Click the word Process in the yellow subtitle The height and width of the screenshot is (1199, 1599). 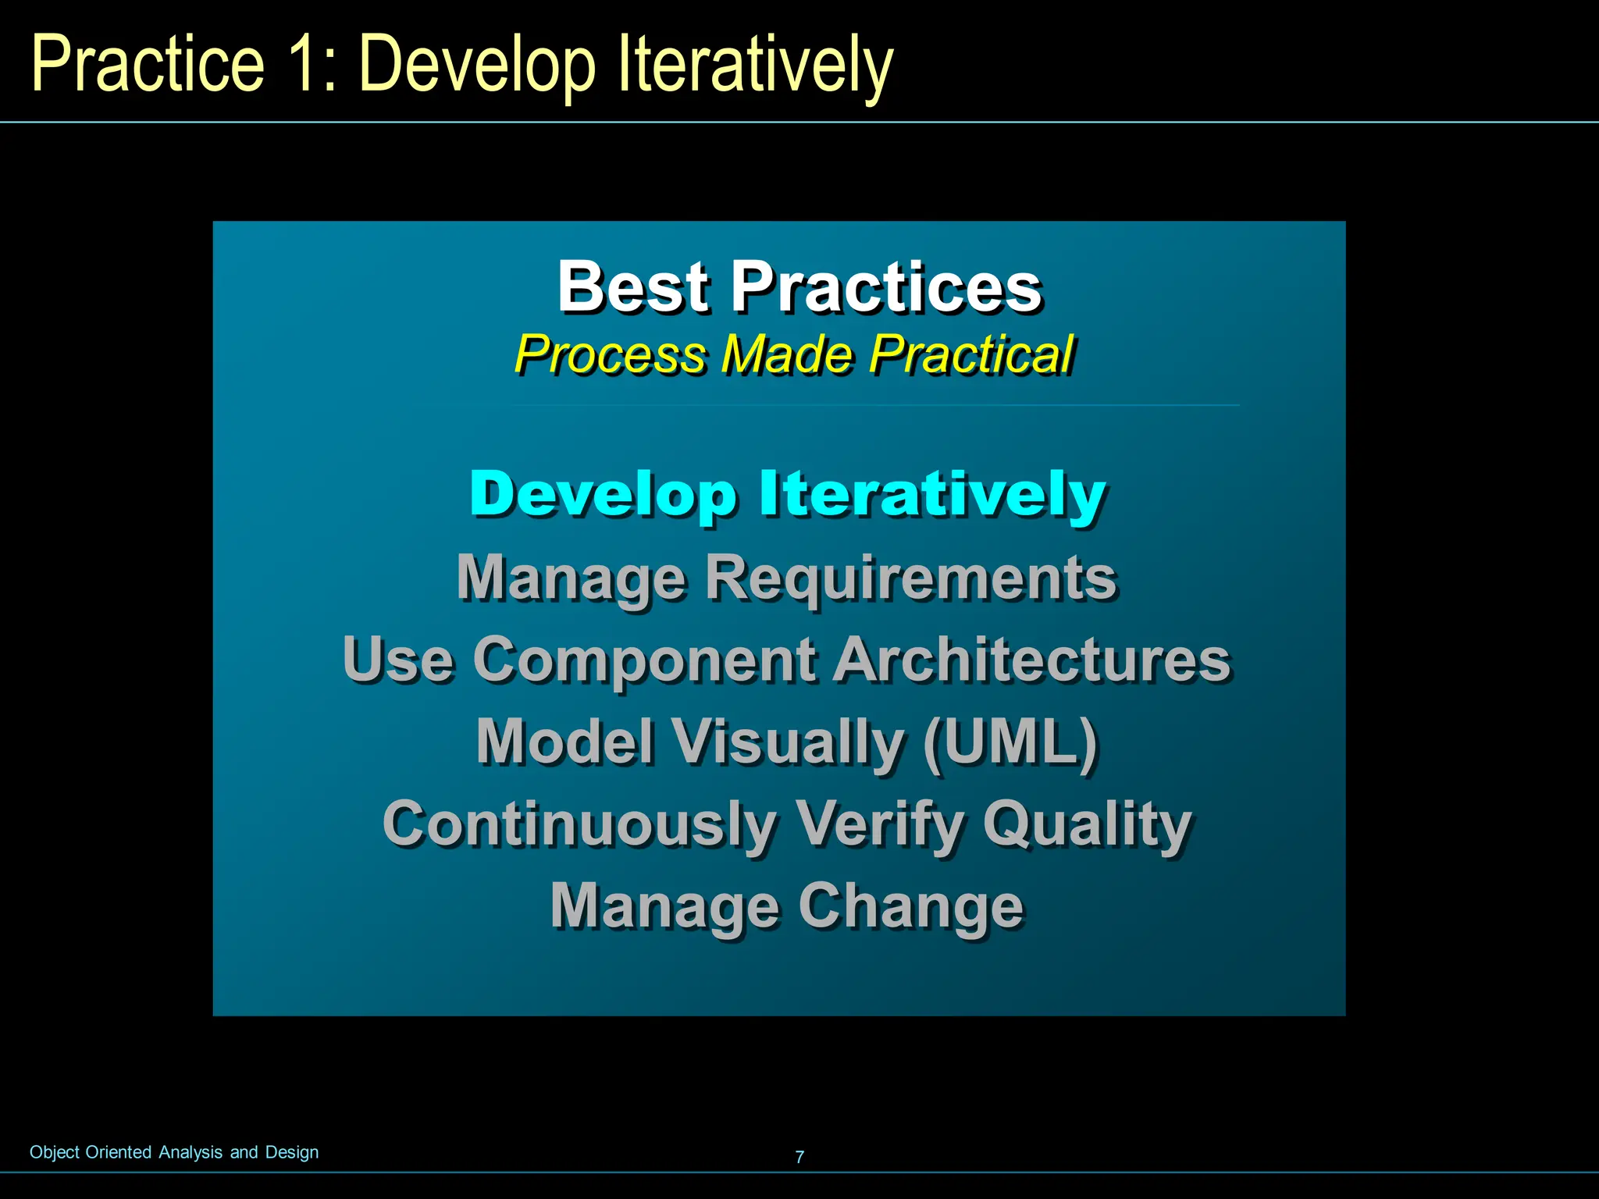pyautogui.click(x=610, y=355)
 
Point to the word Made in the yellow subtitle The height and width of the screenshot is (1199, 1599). pyautogui.click(x=786, y=355)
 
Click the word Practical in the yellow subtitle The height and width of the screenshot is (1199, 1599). pyautogui.click(x=972, y=355)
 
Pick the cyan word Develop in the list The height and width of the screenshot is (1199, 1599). pyautogui.click(x=603, y=495)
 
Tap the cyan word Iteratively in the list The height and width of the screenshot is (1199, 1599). pyautogui.click(x=932, y=493)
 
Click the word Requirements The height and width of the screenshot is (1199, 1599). pyautogui.click(x=910, y=578)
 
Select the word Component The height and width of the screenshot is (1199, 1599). pyautogui.click(x=645, y=660)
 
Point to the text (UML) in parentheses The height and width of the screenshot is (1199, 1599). pyautogui.click(x=1010, y=742)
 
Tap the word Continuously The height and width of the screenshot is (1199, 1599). pyautogui.click(x=579, y=825)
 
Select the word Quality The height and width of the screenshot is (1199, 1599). pyautogui.click(x=1087, y=825)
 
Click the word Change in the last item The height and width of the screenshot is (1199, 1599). pyautogui.click(x=910, y=907)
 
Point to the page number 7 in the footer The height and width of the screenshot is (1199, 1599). pyautogui.click(x=799, y=1157)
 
